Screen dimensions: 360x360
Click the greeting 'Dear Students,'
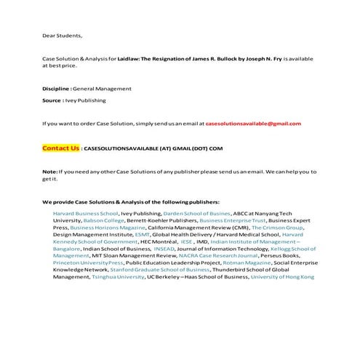point(62,34)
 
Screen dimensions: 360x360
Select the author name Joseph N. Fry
point(258,57)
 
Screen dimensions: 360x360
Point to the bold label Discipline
point(56,88)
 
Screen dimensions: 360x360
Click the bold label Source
point(52,100)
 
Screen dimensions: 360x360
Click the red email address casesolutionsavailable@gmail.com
point(253,124)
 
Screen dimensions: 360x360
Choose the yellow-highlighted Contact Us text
point(60,148)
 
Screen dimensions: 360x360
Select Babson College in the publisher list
point(97,220)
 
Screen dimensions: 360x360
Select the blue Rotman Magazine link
point(223,263)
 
